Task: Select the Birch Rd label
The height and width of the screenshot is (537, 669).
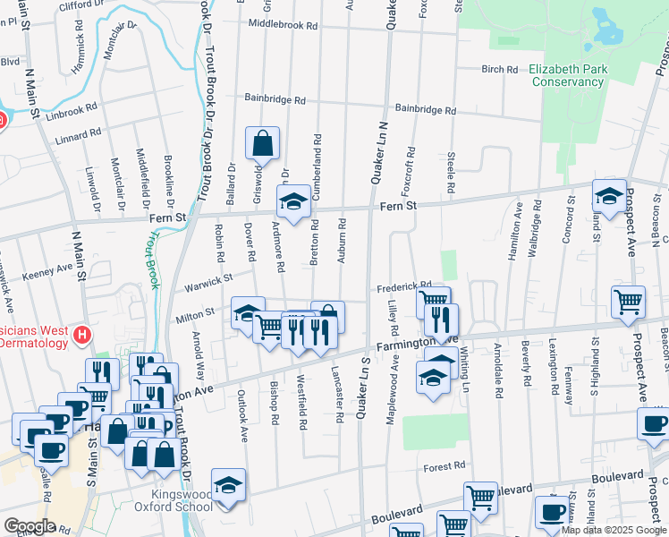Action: [x=500, y=69]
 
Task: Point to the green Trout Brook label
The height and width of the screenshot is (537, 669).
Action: [x=155, y=260]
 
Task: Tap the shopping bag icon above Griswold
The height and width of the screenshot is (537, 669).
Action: [x=262, y=142]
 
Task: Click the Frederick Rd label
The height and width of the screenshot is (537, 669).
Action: [x=404, y=286]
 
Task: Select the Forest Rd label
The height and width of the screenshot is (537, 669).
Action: [x=445, y=466]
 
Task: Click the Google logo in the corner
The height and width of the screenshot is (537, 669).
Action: [x=30, y=526]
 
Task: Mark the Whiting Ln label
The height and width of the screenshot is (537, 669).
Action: [x=465, y=369]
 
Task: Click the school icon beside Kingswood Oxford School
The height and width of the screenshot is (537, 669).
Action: [x=228, y=484]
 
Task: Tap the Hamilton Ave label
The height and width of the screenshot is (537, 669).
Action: [x=518, y=232]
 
